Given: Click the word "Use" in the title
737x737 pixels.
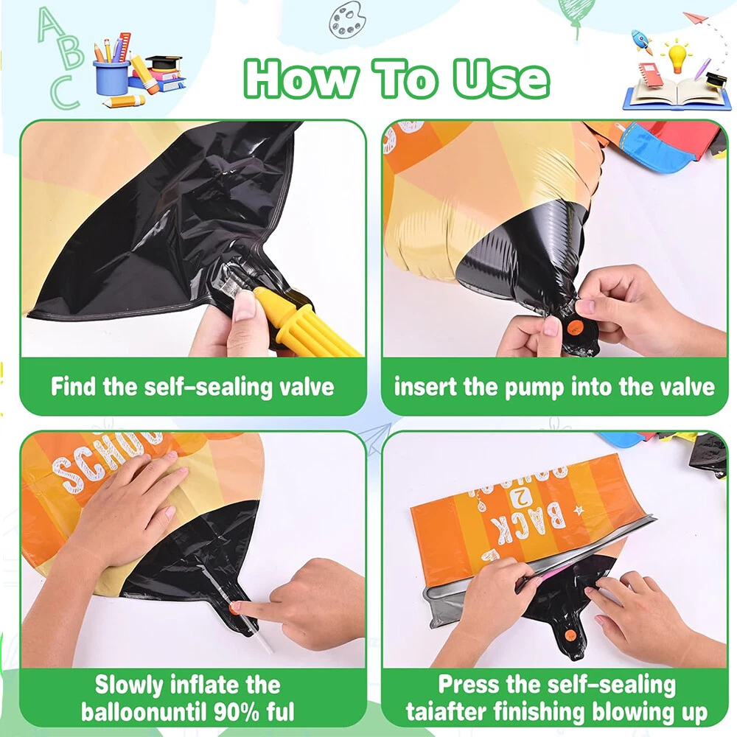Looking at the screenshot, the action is [501, 78].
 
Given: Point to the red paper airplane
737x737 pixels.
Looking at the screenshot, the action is [696, 19].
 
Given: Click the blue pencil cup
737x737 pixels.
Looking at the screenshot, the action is [111, 77].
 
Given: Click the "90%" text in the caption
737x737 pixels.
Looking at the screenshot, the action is [236, 712].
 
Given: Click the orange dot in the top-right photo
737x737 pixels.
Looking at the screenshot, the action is [575, 327].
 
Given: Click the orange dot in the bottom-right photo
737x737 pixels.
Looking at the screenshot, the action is [570, 637].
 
